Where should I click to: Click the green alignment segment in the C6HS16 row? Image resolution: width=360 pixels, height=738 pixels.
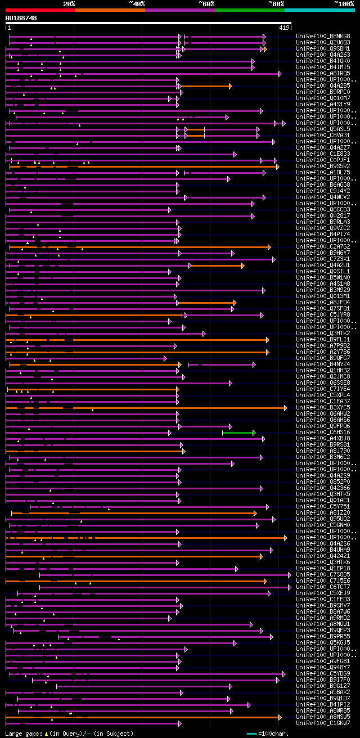coord(238,433)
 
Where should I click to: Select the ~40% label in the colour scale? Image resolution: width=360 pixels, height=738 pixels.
coord(137,4)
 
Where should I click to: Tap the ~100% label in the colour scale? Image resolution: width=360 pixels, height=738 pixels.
coord(344,4)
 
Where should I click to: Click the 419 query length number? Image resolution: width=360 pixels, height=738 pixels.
coord(284,28)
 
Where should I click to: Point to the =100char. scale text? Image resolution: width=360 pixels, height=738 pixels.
coord(273,733)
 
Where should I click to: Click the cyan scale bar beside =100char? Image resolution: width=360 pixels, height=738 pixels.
coord(251,733)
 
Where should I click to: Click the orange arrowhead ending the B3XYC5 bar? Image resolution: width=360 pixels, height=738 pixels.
coord(286,408)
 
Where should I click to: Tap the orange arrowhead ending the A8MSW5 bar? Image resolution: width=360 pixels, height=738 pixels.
coord(280,717)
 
